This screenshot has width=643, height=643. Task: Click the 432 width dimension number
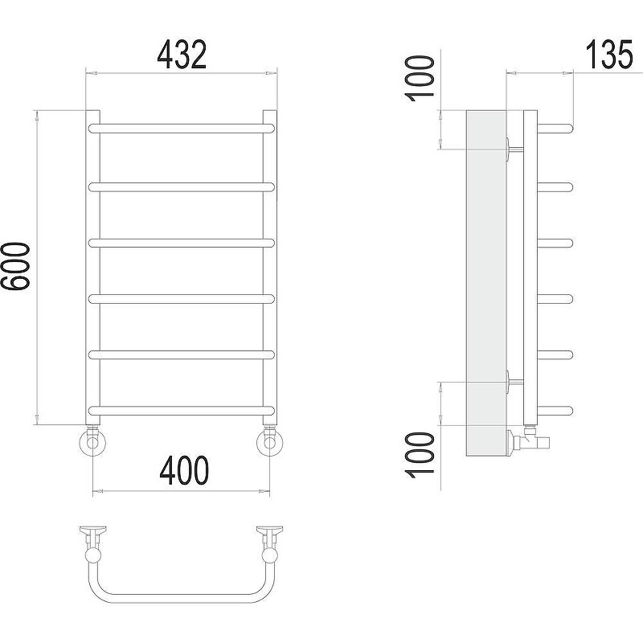[182, 54]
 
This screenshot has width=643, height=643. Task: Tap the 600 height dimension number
[15, 267]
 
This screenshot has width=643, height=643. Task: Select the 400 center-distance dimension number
[184, 470]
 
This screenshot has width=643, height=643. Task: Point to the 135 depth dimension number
[609, 54]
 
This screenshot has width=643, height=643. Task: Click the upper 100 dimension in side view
[420, 78]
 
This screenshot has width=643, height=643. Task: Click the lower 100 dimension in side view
[420, 455]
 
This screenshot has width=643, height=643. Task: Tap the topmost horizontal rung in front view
[182, 129]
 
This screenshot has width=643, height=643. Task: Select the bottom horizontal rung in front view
[182, 411]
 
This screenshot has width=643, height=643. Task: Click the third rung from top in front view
[182, 243]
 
